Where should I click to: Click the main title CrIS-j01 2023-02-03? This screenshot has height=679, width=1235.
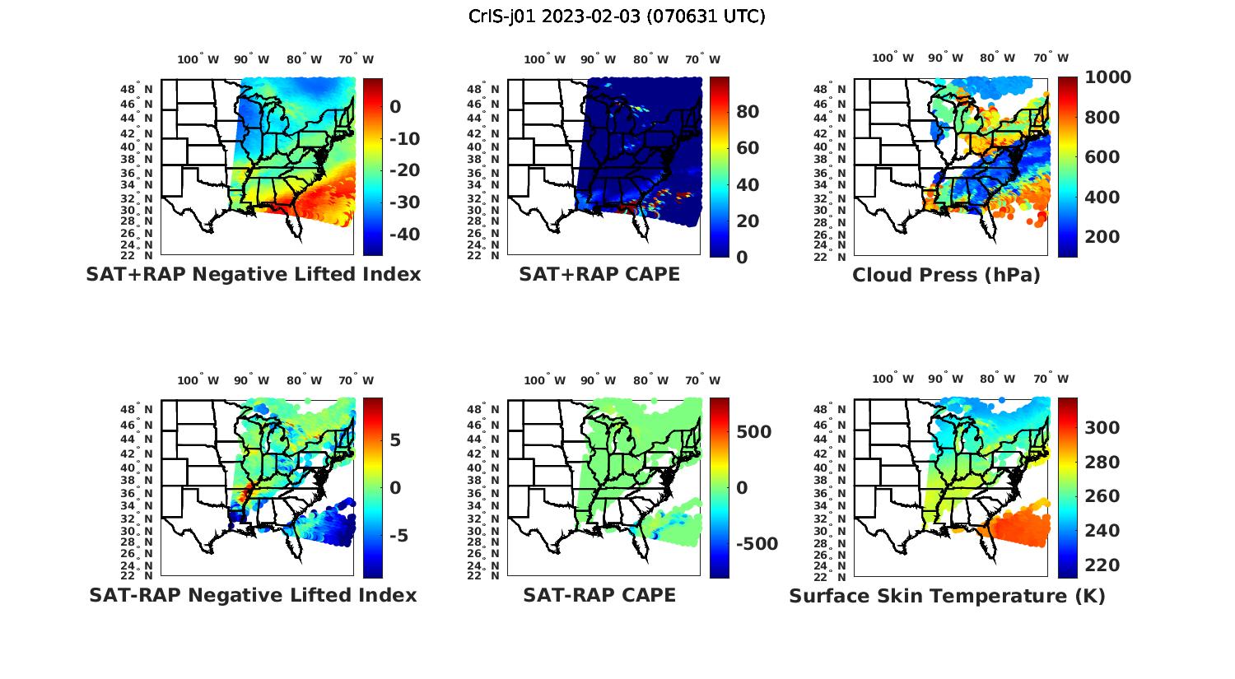coord(617,16)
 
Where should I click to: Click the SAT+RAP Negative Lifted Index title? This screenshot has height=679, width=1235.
coord(254,274)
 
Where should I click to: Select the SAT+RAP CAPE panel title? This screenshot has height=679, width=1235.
coord(599,274)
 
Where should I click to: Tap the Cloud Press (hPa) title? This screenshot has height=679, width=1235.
coord(946,275)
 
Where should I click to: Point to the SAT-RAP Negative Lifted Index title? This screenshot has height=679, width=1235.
coord(253,595)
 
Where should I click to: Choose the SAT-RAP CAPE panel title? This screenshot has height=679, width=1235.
coord(599,595)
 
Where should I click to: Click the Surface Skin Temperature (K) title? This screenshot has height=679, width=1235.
coord(947,596)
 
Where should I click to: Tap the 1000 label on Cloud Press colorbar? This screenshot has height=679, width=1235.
coord(1107,77)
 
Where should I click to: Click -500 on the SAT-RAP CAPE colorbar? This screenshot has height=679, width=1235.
coord(757,544)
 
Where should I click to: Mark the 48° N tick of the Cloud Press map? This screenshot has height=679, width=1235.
coord(838,89)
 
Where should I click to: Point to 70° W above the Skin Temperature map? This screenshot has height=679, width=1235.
coord(1051,379)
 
